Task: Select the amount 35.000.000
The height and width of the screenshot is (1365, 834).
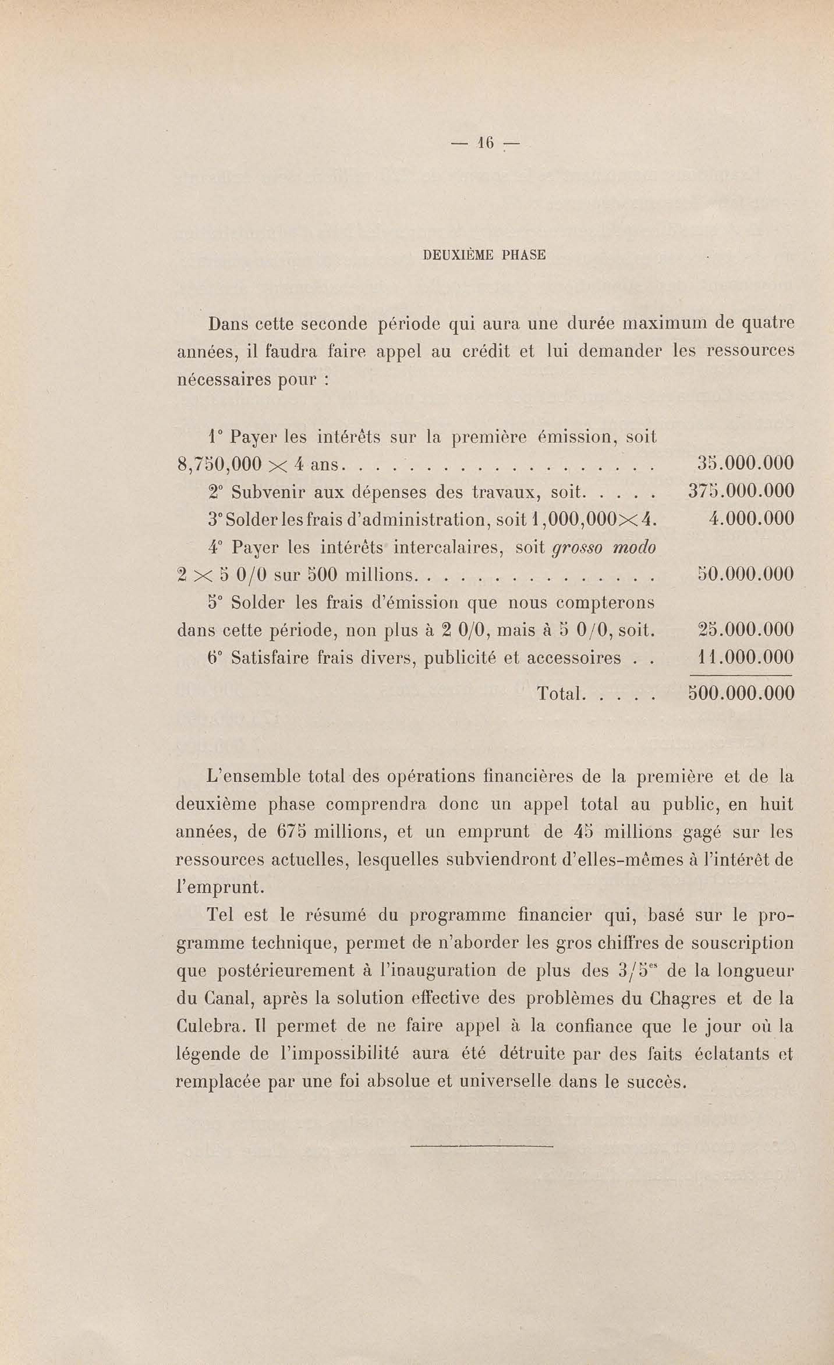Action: click(x=744, y=463)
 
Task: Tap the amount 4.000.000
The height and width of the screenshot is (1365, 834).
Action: click(x=751, y=518)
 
